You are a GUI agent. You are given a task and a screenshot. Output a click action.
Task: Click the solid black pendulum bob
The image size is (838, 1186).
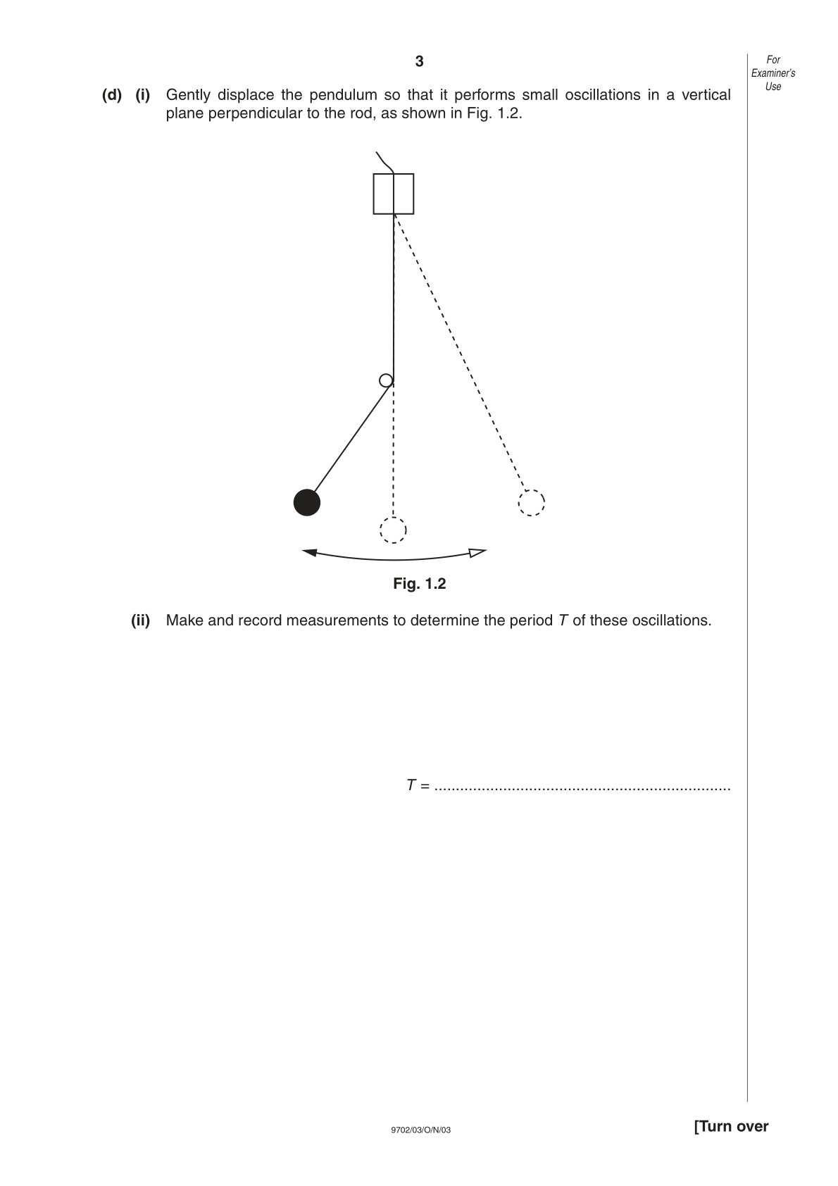point(307,502)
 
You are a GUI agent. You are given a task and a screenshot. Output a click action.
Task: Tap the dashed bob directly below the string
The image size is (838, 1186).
point(393,530)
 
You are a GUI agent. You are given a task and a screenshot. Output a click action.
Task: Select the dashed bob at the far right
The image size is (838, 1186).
point(532,502)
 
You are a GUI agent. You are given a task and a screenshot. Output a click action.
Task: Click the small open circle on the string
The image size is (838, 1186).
point(386,380)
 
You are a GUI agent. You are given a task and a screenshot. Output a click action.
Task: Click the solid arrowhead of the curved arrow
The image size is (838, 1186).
point(310,552)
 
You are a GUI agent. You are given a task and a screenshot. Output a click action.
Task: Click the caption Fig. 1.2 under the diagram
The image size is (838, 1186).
point(419,583)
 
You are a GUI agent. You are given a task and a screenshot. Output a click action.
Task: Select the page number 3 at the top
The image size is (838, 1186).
point(419,61)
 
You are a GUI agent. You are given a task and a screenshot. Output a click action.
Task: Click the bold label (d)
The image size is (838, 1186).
point(112,95)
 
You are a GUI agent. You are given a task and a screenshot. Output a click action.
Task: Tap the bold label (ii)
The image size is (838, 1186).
point(140,620)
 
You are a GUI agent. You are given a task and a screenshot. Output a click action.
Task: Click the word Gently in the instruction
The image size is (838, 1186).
point(188,95)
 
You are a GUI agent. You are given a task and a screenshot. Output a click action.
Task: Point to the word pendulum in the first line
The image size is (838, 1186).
point(343,95)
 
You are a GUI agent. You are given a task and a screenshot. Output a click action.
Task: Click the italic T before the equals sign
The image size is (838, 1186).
point(411,785)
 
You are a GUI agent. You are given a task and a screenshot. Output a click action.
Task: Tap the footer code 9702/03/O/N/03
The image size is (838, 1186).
point(421,1130)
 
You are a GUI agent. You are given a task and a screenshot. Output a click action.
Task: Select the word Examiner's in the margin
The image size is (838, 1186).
point(773,73)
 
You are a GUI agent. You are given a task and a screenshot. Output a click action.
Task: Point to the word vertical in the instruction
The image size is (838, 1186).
point(706,95)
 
